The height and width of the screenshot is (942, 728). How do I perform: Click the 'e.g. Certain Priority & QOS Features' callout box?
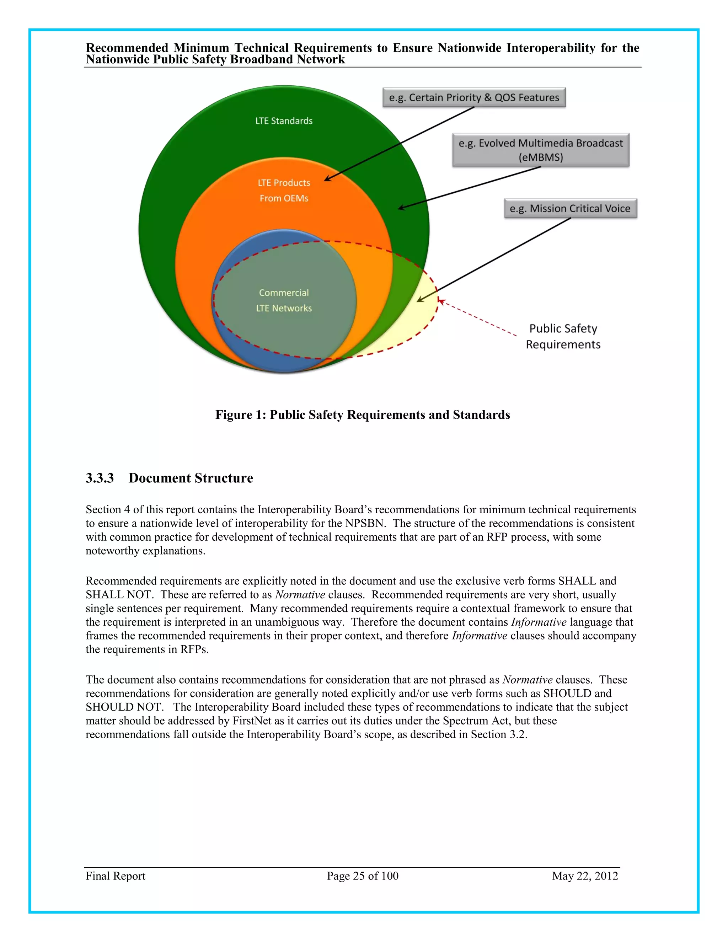(x=474, y=97)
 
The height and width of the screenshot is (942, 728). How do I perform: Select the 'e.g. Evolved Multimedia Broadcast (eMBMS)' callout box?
(x=540, y=150)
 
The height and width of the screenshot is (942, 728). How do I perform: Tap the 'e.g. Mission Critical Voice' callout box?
(x=570, y=208)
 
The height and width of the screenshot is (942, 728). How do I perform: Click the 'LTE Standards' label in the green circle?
(x=284, y=121)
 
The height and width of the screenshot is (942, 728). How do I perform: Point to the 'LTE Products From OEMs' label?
(x=284, y=190)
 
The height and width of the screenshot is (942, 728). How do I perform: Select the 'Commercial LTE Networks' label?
(x=284, y=300)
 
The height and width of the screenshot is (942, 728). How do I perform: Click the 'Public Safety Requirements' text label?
(x=563, y=336)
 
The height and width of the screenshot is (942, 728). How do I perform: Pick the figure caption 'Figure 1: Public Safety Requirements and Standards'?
(x=363, y=414)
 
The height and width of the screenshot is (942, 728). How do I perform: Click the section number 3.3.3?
(x=100, y=478)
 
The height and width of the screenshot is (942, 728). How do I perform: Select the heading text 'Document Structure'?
(x=191, y=478)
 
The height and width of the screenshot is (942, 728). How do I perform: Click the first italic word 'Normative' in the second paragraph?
(x=300, y=594)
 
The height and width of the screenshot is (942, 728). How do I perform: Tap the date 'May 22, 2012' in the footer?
(x=585, y=876)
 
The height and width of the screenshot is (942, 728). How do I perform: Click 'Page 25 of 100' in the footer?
(x=362, y=876)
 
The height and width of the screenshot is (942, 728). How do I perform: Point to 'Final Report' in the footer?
(x=115, y=876)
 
